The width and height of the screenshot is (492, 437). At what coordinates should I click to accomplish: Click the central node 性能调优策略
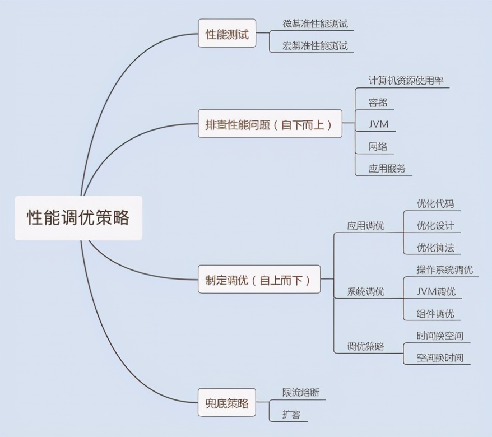click(x=78, y=217)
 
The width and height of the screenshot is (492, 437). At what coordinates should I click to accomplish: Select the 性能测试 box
click(x=226, y=34)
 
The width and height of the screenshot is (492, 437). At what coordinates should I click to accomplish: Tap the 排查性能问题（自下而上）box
click(x=270, y=124)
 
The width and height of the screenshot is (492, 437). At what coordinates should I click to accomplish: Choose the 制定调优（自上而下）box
click(x=259, y=280)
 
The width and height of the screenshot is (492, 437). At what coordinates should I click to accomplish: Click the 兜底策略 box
click(x=226, y=403)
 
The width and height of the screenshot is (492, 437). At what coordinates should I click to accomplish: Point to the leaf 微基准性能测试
click(x=315, y=24)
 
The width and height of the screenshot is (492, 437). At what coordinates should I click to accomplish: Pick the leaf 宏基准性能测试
click(x=315, y=45)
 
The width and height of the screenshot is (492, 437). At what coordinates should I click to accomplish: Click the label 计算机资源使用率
click(x=402, y=80)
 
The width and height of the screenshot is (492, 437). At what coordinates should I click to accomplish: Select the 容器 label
click(x=378, y=103)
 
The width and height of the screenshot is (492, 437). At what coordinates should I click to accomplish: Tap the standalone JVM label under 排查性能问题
click(x=378, y=124)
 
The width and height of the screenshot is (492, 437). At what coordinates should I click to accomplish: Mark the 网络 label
click(x=378, y=146)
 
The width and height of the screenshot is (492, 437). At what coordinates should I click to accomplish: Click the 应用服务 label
click(x=387, y=168)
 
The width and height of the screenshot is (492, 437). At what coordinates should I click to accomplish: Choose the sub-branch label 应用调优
click(x=366, y=226)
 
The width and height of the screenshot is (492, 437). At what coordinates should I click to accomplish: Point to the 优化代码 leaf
click(x=435, y=203)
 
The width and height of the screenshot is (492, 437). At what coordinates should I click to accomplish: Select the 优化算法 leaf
click(x=435, y=248)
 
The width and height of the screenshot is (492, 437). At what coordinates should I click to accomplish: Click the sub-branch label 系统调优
click(x=366, y=291)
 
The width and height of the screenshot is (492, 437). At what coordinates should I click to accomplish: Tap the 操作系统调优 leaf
click(x=445, y=269)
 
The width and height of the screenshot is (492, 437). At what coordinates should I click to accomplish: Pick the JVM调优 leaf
click(x=437, y=291)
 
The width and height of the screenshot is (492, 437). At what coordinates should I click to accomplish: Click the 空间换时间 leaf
click(x=440, y=357)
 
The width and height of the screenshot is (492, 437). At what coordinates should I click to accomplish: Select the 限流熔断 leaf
click(x=301, y=392)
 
